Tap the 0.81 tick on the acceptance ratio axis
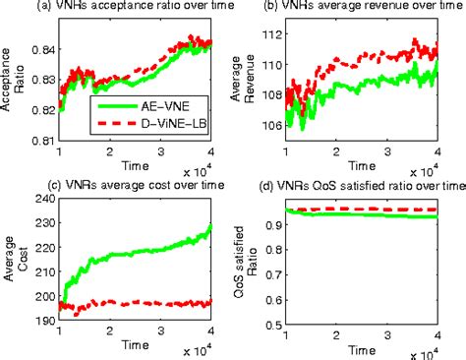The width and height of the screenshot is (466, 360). pos(44,142)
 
